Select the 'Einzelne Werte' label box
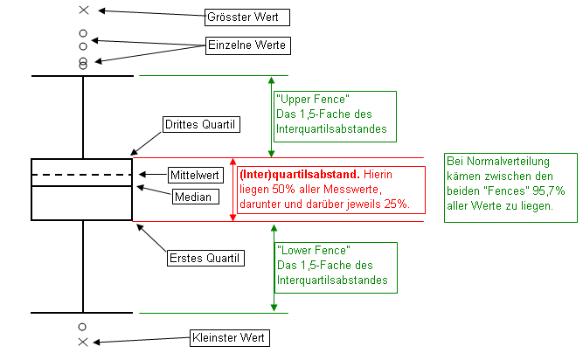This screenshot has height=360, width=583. tap(246, 44)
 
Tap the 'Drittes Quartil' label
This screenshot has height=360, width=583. tap(201, 125)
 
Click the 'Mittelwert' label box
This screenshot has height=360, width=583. tap(192, 175)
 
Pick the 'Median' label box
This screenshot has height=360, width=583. tap(192, 197)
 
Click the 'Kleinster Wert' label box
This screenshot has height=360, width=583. tap(230, 337)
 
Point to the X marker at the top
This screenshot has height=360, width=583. tap(83, 10)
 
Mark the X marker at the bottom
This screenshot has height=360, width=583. tap(83, 342)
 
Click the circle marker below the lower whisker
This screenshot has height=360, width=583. tap(83, 327)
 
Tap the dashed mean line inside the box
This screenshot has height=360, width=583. tap(81, 176)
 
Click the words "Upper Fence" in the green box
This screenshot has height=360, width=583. tap(301, 99)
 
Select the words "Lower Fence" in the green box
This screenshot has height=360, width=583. tap(301, 249)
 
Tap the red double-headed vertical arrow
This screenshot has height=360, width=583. tap(233, 190)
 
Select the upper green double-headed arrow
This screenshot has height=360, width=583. tap(273, 116)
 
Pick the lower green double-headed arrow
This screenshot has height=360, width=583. tap(274, 267)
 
